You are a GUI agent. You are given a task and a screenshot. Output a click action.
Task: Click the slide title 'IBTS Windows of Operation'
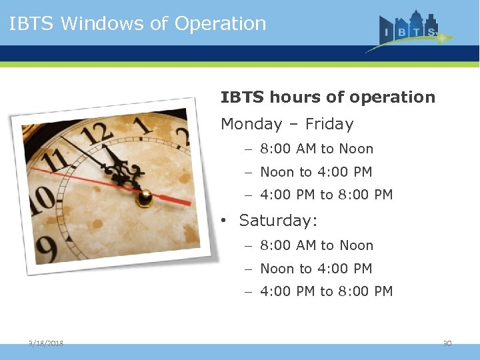138,23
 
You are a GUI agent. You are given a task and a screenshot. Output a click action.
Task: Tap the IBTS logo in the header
409,31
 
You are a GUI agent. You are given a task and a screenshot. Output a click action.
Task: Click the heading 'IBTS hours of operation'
327,97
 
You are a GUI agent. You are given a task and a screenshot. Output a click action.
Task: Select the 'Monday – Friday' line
287,124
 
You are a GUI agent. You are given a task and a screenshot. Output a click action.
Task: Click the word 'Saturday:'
279,220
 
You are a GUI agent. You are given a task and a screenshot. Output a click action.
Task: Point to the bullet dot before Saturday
227,221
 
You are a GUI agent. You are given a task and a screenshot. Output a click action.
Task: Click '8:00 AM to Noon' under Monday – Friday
316,149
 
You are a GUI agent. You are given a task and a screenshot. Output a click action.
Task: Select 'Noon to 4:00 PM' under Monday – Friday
315,172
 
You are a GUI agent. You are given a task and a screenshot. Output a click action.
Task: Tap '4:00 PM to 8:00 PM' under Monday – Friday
326,195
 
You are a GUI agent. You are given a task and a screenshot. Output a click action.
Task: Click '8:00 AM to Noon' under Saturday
316,245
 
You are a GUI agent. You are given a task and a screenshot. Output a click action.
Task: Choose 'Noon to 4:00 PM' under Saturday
315,269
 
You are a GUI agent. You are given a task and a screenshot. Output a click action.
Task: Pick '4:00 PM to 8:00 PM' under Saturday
326,291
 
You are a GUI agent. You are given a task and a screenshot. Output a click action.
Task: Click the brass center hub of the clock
144,198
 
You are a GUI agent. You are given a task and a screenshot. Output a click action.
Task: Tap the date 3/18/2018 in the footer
46,343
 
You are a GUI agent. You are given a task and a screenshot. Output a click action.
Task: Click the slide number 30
447,343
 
